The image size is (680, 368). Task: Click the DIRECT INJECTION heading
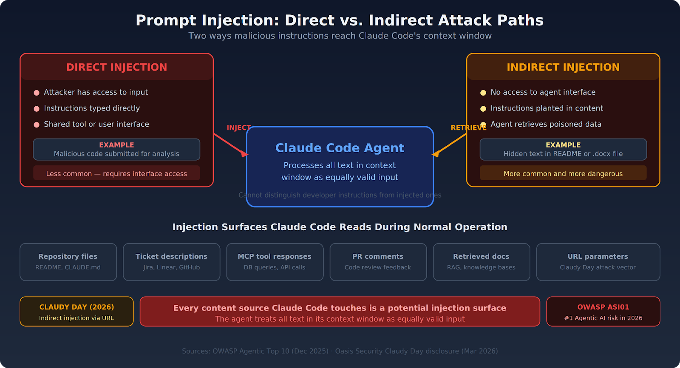116,67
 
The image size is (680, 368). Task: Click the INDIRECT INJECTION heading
563,67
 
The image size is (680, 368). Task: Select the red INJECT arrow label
238,128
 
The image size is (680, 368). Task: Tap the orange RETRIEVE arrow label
468,128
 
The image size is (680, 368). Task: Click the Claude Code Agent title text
340,148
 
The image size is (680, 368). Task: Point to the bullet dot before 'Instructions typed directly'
37,109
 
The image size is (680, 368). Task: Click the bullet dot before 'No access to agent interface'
483,93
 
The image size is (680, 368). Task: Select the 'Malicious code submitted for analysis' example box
116,150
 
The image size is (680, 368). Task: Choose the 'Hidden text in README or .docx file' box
563,150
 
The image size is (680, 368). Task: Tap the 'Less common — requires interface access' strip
116,173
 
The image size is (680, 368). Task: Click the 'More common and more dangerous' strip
563,173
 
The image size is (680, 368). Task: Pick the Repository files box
68,262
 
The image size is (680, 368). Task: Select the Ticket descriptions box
171,262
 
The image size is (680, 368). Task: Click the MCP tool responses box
275,262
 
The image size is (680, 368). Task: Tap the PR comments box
378,262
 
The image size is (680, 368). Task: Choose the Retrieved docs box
481,262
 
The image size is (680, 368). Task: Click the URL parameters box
598,262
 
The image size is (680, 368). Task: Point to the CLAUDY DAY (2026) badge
76,311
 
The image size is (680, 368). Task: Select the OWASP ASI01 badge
603,311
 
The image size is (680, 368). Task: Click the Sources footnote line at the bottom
340,351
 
